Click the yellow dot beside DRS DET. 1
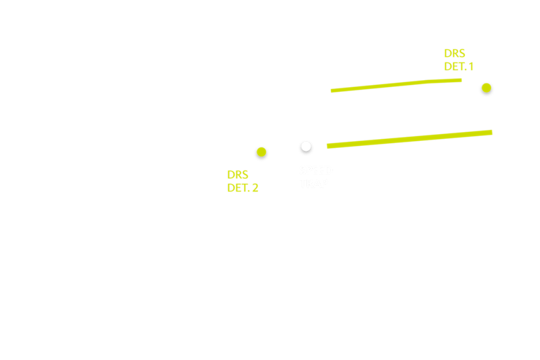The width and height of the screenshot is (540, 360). pyautogui.click(x=486, y=88)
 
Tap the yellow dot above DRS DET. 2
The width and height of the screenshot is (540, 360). pyautogui.click(x=262, y=152)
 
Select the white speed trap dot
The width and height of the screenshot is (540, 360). pyautogui.click(x=306, y=146)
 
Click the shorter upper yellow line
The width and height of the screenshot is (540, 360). pyautogui.click(x=396, y=85)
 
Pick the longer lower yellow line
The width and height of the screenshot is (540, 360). pyautogui.click(x=410, y=139)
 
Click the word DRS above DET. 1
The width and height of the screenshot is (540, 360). pyautogui.click(x=454, y=53)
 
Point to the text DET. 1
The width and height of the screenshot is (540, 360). pyautogui.click(x=459, y=67)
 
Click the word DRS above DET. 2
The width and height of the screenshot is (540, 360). pyautogui.click(x=238, y=175)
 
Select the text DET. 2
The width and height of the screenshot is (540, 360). pyautogui.click(x=243, y=188)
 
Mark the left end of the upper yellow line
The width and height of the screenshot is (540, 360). pyautogui.click(x=332, y=91)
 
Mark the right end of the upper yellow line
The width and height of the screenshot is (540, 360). pyautogui.click(x=461, y=80)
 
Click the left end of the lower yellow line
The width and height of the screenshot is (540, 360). pyautogui.click(x=328, y=146)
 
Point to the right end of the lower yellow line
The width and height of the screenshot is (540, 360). pyautogui.click(x=491, y=132)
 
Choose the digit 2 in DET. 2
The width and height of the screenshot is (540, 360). pyautogui.click(x=255, y=188)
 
